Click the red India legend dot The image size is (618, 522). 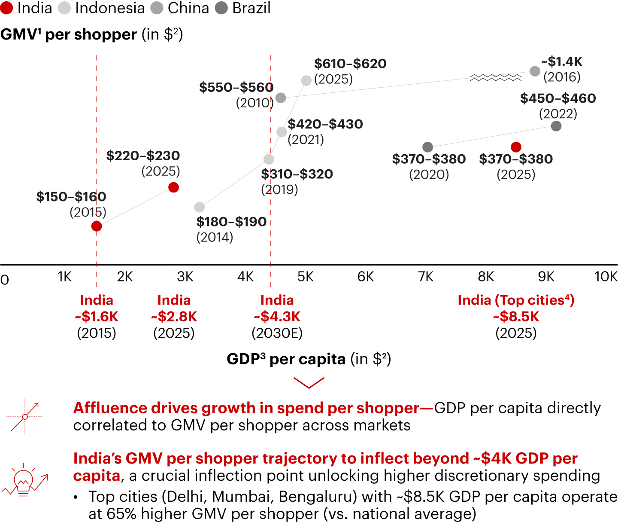[7, 8]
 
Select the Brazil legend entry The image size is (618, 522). [243, 8]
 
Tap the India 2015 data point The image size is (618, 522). [97, 226]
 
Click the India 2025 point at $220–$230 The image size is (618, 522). [173, 187]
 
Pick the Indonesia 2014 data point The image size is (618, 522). [200, 207]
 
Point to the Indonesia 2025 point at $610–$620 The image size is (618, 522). [306, 80]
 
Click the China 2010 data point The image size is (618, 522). [281, 98]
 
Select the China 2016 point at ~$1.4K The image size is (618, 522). [535, 71]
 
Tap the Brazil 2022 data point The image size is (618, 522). [556, 126]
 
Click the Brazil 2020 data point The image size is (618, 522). [427, 147]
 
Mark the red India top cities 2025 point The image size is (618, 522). [516, 147]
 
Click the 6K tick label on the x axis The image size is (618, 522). [366, 277]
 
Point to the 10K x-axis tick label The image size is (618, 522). [606, 277]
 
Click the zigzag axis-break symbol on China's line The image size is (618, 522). [495, 77]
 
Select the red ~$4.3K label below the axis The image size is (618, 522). [277, 317]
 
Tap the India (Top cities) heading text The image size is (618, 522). [516, 300]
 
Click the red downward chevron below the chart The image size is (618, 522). [309, 382]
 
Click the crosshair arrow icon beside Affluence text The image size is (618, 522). [25, 416]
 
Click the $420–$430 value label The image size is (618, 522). [325, 124]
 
